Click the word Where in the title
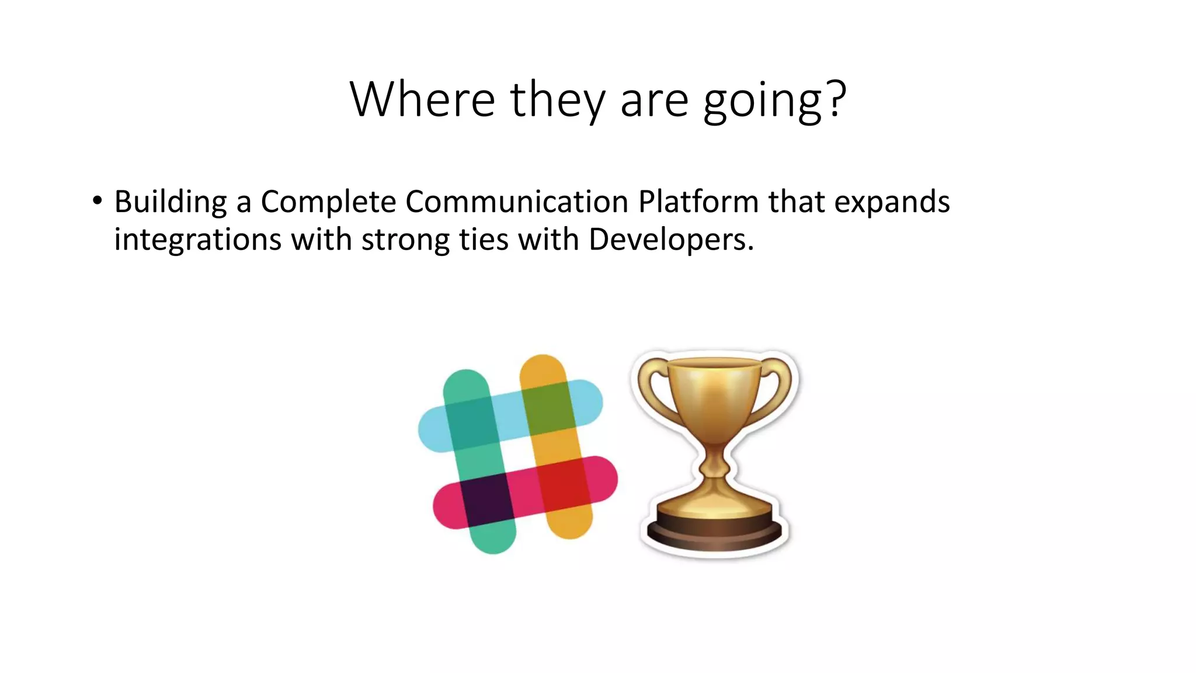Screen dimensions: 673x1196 point(422,99)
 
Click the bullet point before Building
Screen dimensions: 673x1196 point(97,201)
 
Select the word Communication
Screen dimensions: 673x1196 point(516,202)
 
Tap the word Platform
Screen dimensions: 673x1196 point(698,202)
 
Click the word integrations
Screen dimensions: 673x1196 point(197,240)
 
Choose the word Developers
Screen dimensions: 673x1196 point(670,240)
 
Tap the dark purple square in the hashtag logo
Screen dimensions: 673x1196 point(486,498)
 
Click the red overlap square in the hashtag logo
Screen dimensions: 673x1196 point(564,483)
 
